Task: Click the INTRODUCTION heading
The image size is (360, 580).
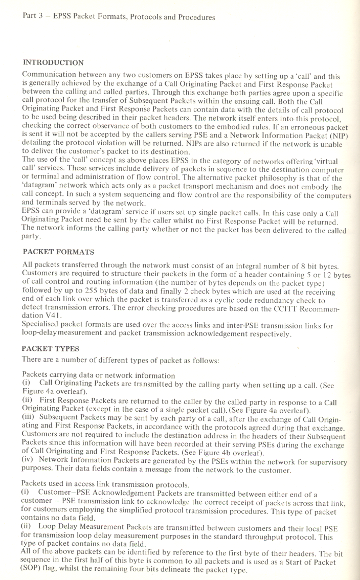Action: click(x=53, y=63)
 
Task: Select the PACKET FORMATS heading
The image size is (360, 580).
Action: click(x=59, y=252)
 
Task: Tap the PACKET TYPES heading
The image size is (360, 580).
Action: click(x=51, y=349)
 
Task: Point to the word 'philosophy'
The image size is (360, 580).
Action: click(x=292, y=178)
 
